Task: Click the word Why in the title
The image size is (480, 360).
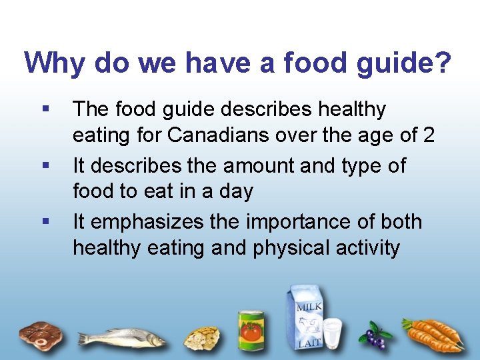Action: pos(55,63)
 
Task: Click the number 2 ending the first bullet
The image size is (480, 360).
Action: pos(428,135)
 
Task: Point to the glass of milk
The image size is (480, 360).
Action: pos(332,333)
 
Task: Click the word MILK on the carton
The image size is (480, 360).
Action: pos(309,307)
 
